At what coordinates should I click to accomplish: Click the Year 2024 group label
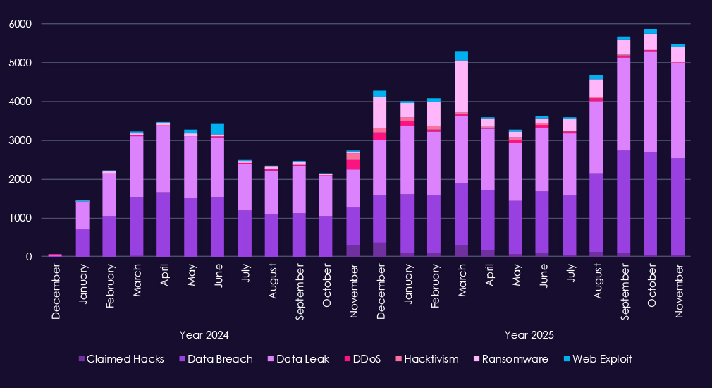204,335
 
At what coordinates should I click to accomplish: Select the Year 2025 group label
529,335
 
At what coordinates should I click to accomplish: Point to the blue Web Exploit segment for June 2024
217,129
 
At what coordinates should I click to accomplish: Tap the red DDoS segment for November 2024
352,164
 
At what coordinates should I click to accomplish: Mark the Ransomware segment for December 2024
379,112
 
